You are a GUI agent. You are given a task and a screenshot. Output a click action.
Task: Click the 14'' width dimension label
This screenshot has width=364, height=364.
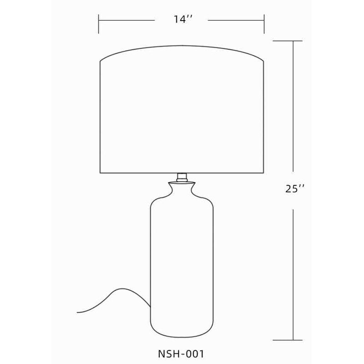tap(183, 19)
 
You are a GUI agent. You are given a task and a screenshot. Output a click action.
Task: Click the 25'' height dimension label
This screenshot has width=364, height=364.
tap(294, 189)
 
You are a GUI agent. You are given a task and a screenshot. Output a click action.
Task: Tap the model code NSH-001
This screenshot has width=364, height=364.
tap(181, 354)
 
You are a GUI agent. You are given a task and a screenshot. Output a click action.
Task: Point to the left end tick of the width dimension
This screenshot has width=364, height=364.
tap(99, 24)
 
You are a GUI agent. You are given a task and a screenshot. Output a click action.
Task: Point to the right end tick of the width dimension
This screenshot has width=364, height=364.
tap(264, 24)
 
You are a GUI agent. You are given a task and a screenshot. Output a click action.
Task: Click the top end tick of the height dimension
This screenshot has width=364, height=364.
tap(288, 41)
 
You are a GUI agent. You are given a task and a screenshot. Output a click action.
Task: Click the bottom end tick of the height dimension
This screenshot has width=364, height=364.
tap(288, 340)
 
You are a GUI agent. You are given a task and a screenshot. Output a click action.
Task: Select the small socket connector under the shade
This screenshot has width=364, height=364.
tap(182, 177)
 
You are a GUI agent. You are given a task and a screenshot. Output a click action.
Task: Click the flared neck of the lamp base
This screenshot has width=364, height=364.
tap(182, 190)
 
